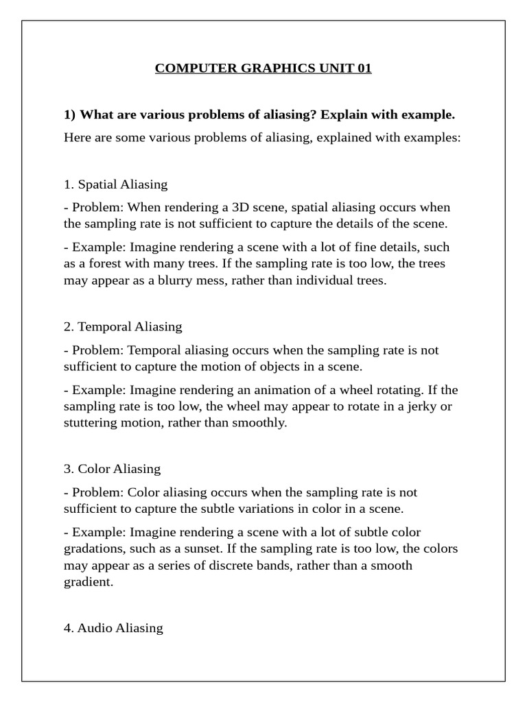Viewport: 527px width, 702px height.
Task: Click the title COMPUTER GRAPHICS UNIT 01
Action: tap(263, 69)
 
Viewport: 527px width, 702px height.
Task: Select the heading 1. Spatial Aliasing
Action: tap(115, 184)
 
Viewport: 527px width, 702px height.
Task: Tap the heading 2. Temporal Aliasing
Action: tap(123, 326)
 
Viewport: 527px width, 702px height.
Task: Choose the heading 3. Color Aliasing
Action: tap(112, 469)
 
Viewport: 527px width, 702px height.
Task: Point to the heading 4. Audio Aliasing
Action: tap(113, 627)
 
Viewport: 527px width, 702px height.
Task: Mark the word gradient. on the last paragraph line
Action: tap(88, 581)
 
